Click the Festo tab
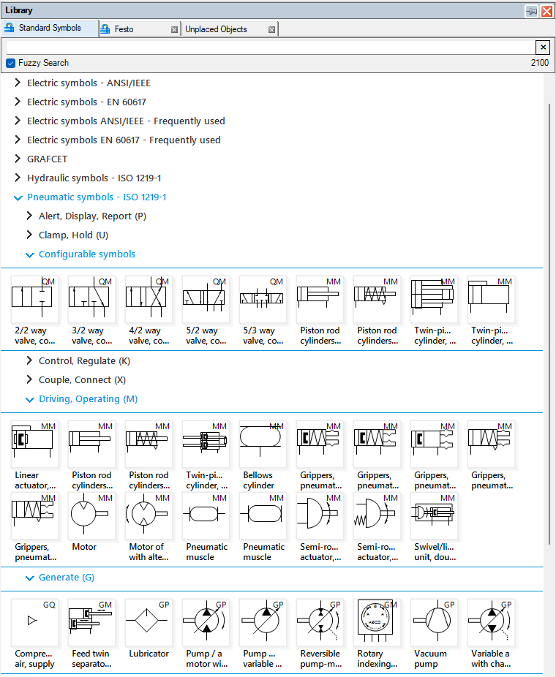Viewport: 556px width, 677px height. [x=124, y=29]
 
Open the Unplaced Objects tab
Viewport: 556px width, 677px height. [x=216, y=29]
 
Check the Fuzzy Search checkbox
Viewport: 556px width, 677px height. [x=11, y=63]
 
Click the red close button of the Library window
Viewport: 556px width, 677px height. [x=546, y=11]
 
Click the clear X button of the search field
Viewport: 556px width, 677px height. [x=543, y=48]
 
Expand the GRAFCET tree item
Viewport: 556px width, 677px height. [x=18, y=159]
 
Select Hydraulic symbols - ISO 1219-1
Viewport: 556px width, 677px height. [x=94, y=178]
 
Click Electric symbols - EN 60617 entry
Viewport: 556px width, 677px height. [x=86, y=102]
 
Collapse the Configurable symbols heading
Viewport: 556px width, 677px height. [x=30, y=254]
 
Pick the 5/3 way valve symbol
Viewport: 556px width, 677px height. [x=262, y=300]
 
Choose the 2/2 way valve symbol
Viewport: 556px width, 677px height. [x=34, y=300]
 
